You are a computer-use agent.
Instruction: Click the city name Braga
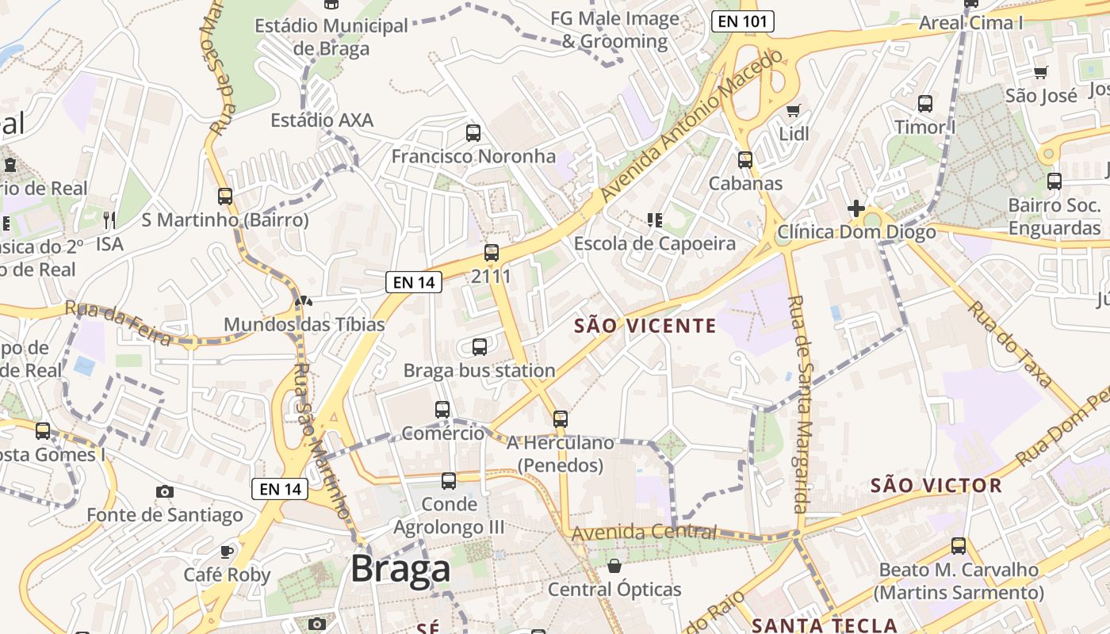[400, 568]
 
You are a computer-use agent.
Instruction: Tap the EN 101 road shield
[743, 21]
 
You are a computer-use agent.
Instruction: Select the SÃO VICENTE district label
[645, 326]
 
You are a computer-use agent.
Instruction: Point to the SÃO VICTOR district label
[936, 485]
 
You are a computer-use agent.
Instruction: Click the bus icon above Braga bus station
[479, 346]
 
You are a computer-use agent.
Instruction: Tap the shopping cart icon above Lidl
[793, 110]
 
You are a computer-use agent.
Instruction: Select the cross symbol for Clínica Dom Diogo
[855, 208]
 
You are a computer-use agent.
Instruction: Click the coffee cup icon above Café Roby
[227, 551]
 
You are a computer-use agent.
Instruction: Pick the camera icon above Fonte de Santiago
[164, 491]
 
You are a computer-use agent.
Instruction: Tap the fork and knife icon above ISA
[109, 220]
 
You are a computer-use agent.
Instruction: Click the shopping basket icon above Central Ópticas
[614, 565]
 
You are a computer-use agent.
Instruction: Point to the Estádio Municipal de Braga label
[331, 36]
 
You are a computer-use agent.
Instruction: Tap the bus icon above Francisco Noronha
[473, 132]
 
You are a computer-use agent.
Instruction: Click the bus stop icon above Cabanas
[744, 159]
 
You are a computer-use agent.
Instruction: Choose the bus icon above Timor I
[924, 103]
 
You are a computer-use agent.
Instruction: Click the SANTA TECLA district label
[824, 625]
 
